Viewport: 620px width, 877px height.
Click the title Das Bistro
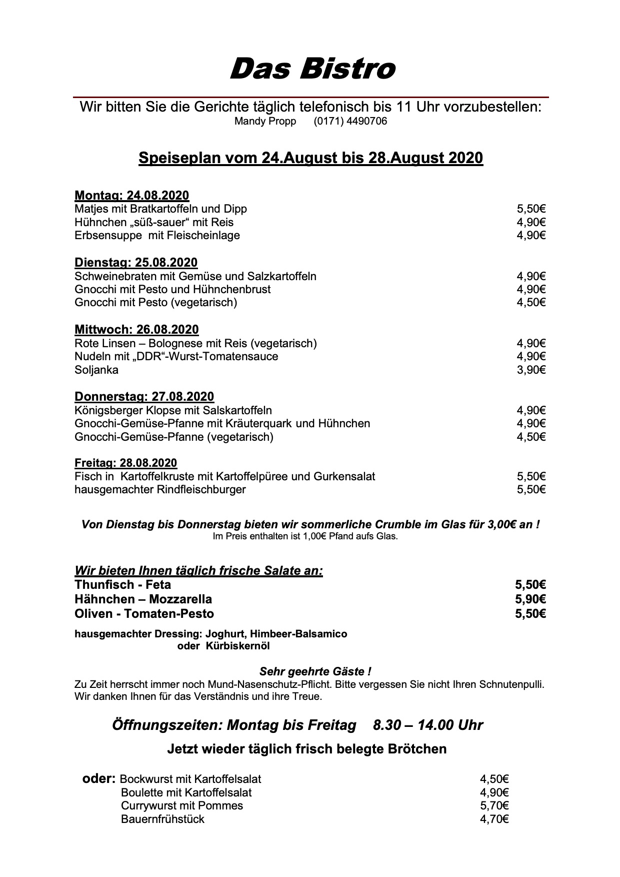pos(312,69)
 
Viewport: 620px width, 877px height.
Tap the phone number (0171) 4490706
pos(350,122)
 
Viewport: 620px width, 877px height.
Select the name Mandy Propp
pos(265,122)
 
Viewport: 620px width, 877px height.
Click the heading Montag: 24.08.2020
pos(131,196)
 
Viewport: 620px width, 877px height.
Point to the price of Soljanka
pos(531,370)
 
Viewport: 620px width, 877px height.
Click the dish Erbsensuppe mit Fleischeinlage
pos(157,236)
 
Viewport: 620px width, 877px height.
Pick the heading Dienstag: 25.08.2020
pos(136,263)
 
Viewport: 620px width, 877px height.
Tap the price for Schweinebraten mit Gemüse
pos(531,277)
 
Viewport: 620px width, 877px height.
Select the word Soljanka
pos(96,370)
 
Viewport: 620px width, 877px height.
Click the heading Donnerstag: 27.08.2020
pos(144,397)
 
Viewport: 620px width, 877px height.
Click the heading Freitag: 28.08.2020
pos(125,463)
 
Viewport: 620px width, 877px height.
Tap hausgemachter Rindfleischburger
pos(160,489)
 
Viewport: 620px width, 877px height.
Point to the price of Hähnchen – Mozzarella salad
pos(530,599)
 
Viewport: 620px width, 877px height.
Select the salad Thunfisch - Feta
pos(122,585)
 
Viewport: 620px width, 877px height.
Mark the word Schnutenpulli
pos(511,684)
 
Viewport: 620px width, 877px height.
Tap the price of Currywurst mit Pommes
pos(494,806)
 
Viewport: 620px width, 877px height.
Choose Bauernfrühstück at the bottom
pos(162,819)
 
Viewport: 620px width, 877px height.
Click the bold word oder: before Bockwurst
pos(99,779)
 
